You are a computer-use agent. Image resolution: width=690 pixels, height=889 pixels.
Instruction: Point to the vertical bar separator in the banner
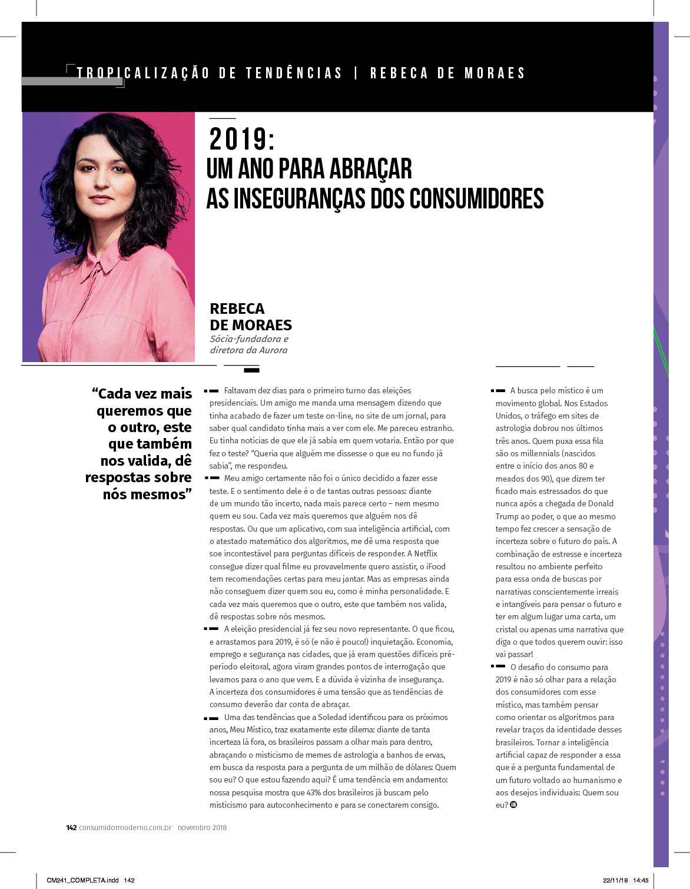click(356, 73)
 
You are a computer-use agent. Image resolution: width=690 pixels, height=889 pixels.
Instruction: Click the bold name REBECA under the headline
click(237, 309)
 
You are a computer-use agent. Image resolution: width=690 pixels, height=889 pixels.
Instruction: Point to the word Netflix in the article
click(426, 553)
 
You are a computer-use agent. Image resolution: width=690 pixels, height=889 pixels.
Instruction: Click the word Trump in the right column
click(507, 516)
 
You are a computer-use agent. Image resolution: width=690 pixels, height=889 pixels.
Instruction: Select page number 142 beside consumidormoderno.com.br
click(71, 827)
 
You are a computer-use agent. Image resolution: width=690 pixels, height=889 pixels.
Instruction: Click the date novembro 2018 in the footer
click(203, 827)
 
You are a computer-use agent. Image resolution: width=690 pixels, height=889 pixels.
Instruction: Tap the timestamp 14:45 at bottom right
click(641, 880)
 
